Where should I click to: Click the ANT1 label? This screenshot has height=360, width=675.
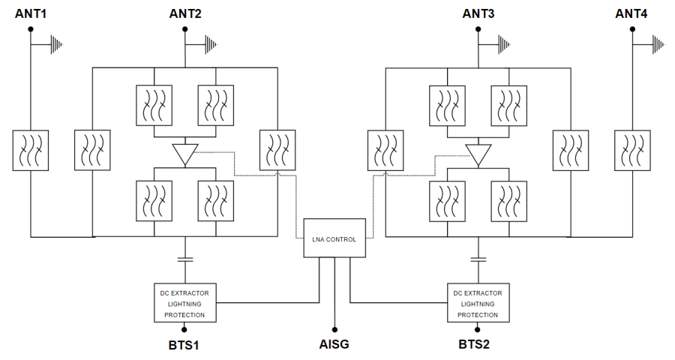pyautogui.click(x=31, y=13)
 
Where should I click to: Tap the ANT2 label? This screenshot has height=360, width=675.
pyautogui.click(x=185, y=13)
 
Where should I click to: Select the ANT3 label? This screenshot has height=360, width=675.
pyautogui.click(x=478, y=13)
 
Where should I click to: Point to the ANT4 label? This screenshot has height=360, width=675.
pyautogui.click(x=632, y=13)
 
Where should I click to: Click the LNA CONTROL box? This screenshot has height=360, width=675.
pyautogui.click(x=334, y=238)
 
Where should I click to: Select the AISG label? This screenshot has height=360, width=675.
pyautogui.click(x=334, y=345)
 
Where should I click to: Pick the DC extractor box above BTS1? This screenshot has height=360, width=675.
pyautogui.click(x=184, y=302)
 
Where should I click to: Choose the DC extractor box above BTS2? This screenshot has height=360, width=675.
pyautogui.click(x=478, y=302)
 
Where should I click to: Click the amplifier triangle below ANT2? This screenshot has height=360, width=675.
pyautogui.click(x=184, y=154)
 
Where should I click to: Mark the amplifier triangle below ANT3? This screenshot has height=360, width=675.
pyautogui.click(x=478, y=154)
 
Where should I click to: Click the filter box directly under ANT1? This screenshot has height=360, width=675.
pyautogui.click(x=31, y=149)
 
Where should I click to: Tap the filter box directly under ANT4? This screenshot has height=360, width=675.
pyautogui.click(x=632, y=149)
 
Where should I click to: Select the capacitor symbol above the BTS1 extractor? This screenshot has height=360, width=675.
pyautogui.click(x=184, y=259)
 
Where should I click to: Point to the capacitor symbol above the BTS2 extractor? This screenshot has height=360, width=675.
pyautogui.click(x=478, y=259)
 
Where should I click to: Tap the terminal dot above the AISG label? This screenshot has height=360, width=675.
pyautogui.click(x=334, y=328)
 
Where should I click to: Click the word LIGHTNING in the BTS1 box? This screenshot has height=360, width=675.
pyautogui.click(x=184, y=303)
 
